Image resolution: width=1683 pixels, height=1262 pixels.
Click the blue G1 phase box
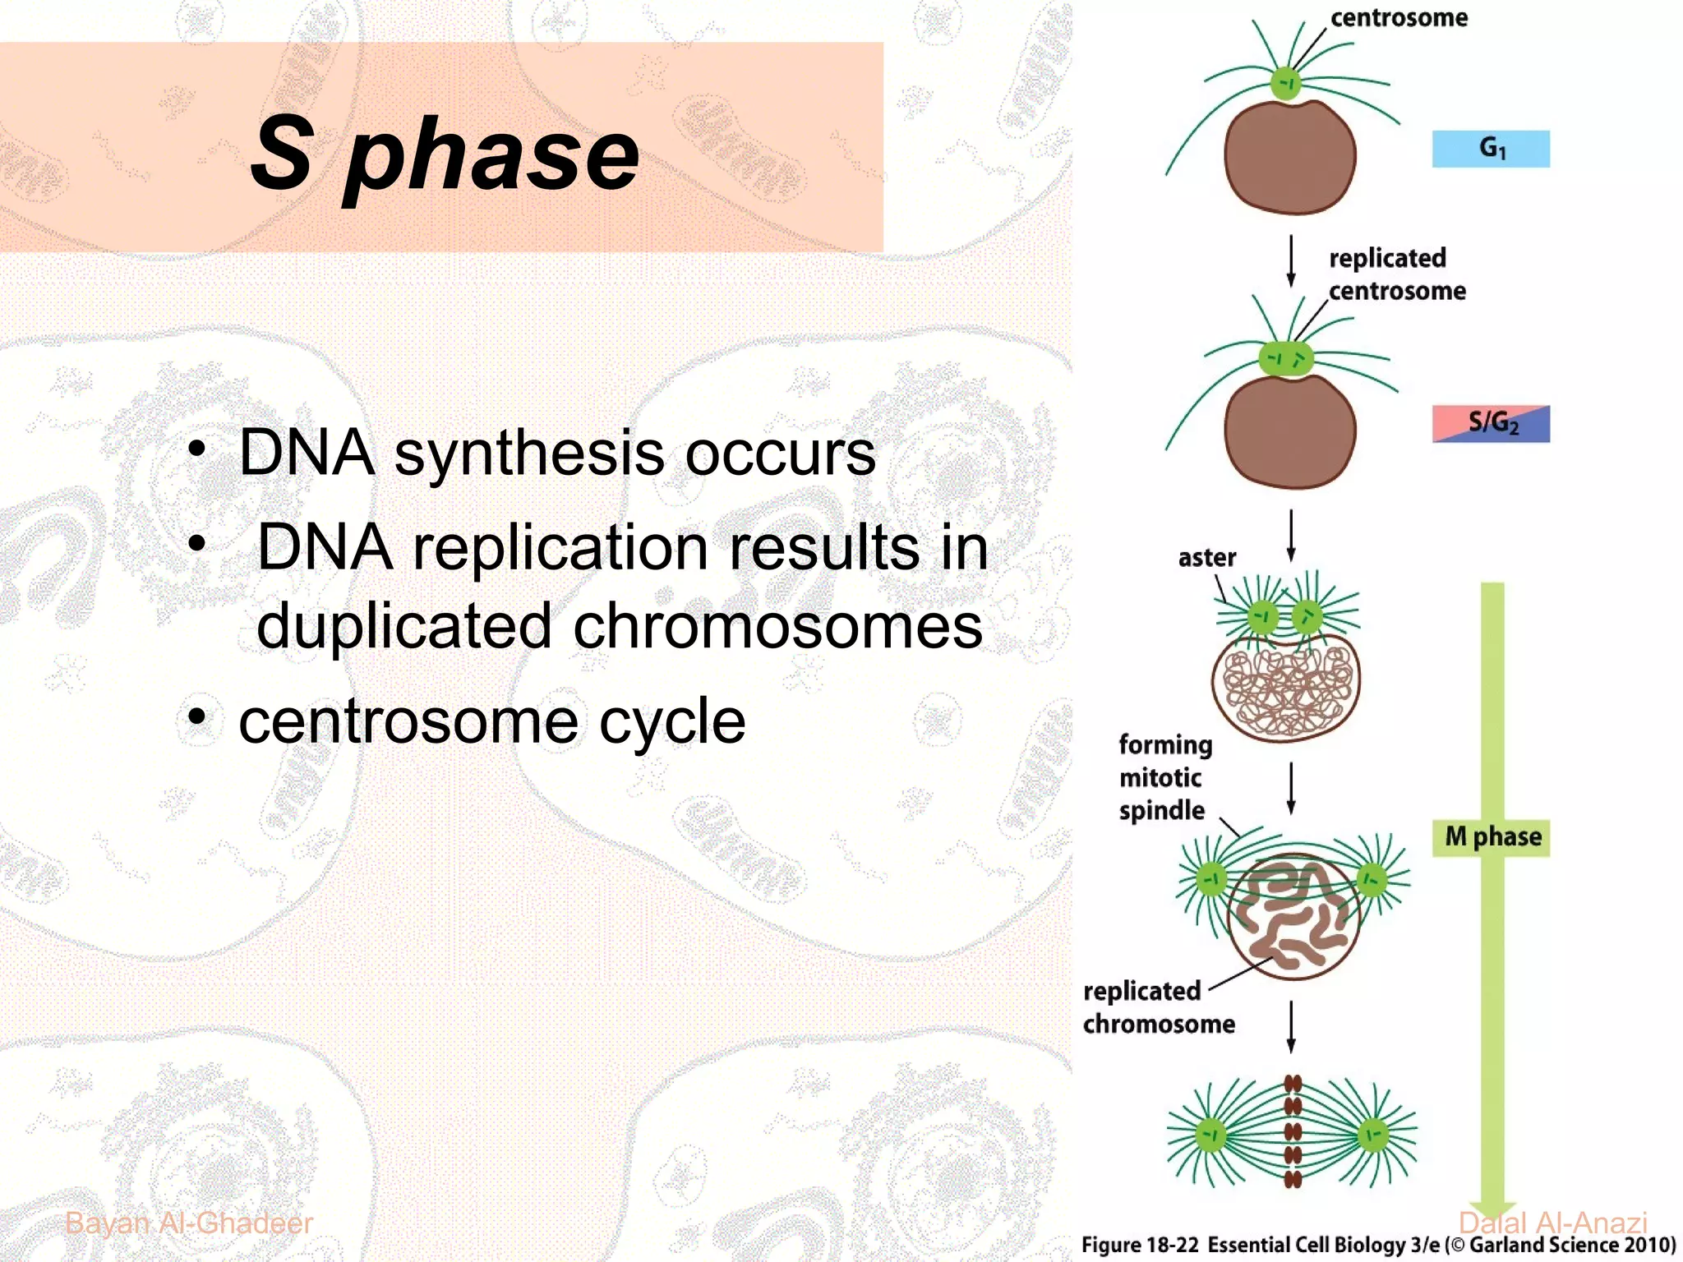(x=1491, y=149)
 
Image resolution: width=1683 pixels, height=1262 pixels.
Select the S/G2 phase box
(x=1491, y=424)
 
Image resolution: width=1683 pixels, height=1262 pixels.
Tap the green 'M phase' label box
(x=1491, y=838)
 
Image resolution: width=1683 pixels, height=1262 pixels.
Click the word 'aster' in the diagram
(x=1206, y=559)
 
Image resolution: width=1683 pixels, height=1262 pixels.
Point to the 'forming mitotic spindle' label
(x=1164, y=777)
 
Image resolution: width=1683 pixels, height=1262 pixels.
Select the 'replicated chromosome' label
(x=1158, y=1007)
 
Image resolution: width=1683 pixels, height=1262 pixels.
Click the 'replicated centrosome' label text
(x=1396, y=274)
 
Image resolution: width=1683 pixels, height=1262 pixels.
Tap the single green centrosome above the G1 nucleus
(x=1286, y=83)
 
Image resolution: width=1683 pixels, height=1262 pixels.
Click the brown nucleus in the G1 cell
(x=1289, y=156)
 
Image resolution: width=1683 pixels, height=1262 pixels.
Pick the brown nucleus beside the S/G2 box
(x=1289, y=431)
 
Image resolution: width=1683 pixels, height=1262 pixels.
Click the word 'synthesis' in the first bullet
(x=528, y=454)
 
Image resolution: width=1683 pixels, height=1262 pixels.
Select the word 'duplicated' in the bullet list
(x=403, y=627)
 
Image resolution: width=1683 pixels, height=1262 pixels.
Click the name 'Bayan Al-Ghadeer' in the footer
(x=189, y=1223)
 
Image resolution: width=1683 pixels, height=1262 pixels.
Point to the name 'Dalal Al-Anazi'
(x=1552, y=1223)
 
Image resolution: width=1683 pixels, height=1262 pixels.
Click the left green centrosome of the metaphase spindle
(x=1210, y=1135)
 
